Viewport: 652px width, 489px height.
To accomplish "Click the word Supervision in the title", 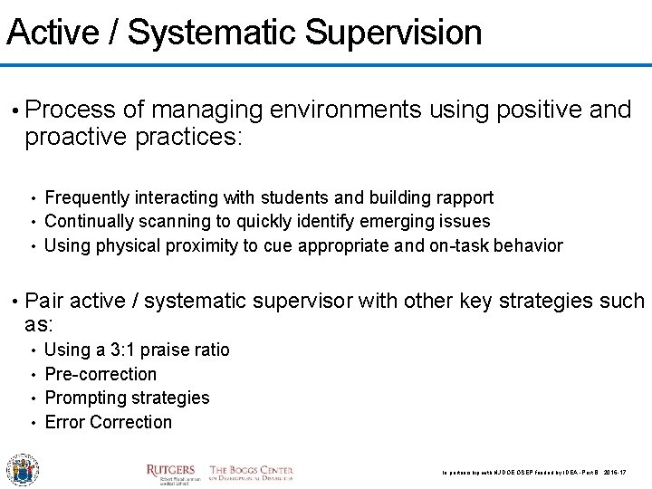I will [393, 33].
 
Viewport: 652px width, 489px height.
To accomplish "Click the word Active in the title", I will [53, 33].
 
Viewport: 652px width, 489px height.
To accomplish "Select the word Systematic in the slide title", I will [214, 33].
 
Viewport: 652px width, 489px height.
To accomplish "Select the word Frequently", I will [87, 197].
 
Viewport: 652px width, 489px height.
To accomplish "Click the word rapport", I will [463, 197].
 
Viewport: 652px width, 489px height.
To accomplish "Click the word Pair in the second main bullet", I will [45, 301].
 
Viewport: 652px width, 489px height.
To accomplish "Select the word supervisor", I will [301, 301].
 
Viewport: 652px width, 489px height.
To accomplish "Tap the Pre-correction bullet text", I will [100, 374].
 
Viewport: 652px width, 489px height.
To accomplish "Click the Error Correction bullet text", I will [108, 422].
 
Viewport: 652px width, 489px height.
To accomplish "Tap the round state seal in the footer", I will [23, 469].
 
